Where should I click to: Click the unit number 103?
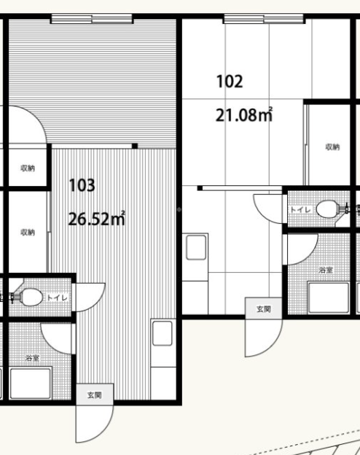coord(82,185)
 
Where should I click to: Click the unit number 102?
coord(230,81)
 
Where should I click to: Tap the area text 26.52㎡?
coord(97,219)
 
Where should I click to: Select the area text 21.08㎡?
coord(244,114)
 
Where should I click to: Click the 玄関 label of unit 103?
coord(95,395)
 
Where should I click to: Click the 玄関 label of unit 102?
coord(264,309)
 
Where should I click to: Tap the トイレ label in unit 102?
coord(301,209)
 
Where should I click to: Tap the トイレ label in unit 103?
coord(57,297)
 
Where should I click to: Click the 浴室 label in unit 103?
coord(32,358)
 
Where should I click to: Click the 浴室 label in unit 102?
coord(326,270)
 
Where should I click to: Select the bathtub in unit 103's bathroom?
coord(31,383)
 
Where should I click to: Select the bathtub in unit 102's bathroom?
coord(329,297)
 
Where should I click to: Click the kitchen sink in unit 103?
coord(163,333)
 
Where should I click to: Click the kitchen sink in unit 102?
coord(196,247)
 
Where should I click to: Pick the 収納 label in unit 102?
coord(332,147)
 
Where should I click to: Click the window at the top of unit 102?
coord(264,19)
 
